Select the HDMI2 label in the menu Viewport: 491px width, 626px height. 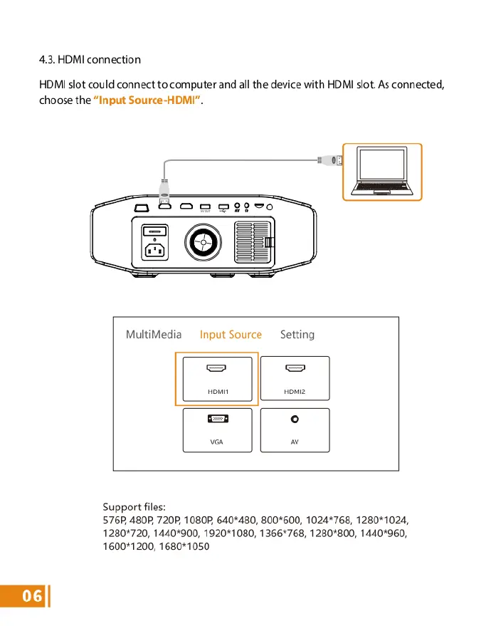click(295, 392)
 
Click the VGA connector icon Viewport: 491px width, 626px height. click(217, 419)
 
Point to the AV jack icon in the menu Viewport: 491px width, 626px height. click(295, 419)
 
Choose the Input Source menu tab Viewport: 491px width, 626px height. click(231, 334)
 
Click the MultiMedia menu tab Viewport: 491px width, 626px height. click(154, 334)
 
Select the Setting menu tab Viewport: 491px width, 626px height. click(297, 334)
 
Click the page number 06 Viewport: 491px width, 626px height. click(23, 596)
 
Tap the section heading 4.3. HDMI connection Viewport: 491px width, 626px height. click(90, 59)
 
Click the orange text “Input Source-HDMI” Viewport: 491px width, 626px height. click(147, 100)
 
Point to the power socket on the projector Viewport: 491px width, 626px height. click(155, 251)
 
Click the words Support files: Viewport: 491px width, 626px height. click(134, 507)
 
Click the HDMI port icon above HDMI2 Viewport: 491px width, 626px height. click(295, 369)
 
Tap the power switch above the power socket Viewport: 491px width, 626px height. click(155, 231)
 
